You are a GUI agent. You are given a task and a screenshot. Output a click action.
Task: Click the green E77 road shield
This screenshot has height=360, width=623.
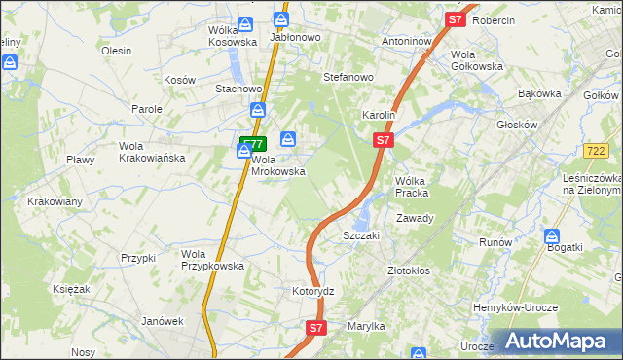(x=252, y=143)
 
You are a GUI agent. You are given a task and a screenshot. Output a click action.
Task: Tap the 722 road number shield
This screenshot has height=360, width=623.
(x=597, y=150)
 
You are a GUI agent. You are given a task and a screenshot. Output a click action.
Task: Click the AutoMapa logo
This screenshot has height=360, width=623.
(x=558, y=341)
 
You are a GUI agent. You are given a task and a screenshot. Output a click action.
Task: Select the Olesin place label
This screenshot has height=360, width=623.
(x=116, y=51)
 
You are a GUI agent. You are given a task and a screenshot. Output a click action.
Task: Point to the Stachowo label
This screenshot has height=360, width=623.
(x=236, y=89)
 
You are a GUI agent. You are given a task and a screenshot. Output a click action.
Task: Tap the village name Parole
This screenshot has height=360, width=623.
(x=147, y=109)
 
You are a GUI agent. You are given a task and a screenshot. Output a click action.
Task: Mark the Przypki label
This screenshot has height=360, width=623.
(x=138, y=258)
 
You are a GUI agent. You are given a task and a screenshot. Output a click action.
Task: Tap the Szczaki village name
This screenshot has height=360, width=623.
(x=360, y=235)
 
